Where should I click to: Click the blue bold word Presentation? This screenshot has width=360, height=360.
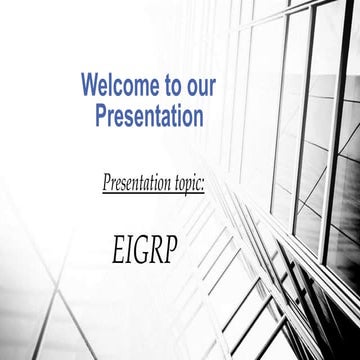(x=149, y=115)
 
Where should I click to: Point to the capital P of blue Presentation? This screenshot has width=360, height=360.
(x=101, y=115)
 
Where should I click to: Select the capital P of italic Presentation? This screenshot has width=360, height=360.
(x=108, y=184)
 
